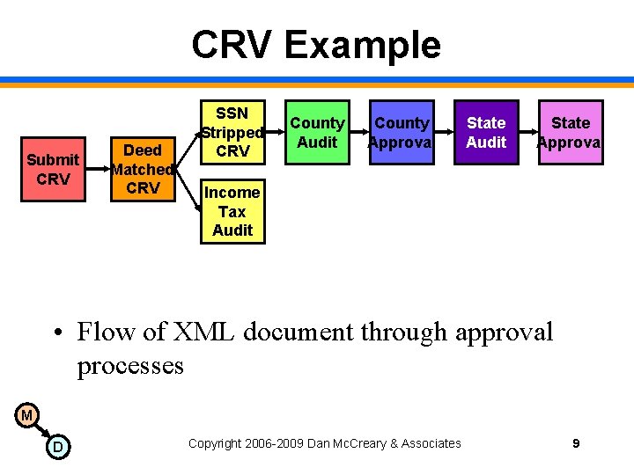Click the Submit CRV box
point(53,169)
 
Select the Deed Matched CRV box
point(142,169)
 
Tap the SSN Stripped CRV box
point(232,132)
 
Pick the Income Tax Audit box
point(232,211)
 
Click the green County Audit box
point(317,132)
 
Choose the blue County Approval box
point(401,132)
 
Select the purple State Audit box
point(486,132)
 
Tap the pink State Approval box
point(571,132)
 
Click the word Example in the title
point(363,44)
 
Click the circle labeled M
point(26,414)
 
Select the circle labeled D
point(57,448)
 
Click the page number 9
point(576,443)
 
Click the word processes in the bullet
point(130,364)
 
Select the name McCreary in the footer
point(366,443)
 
